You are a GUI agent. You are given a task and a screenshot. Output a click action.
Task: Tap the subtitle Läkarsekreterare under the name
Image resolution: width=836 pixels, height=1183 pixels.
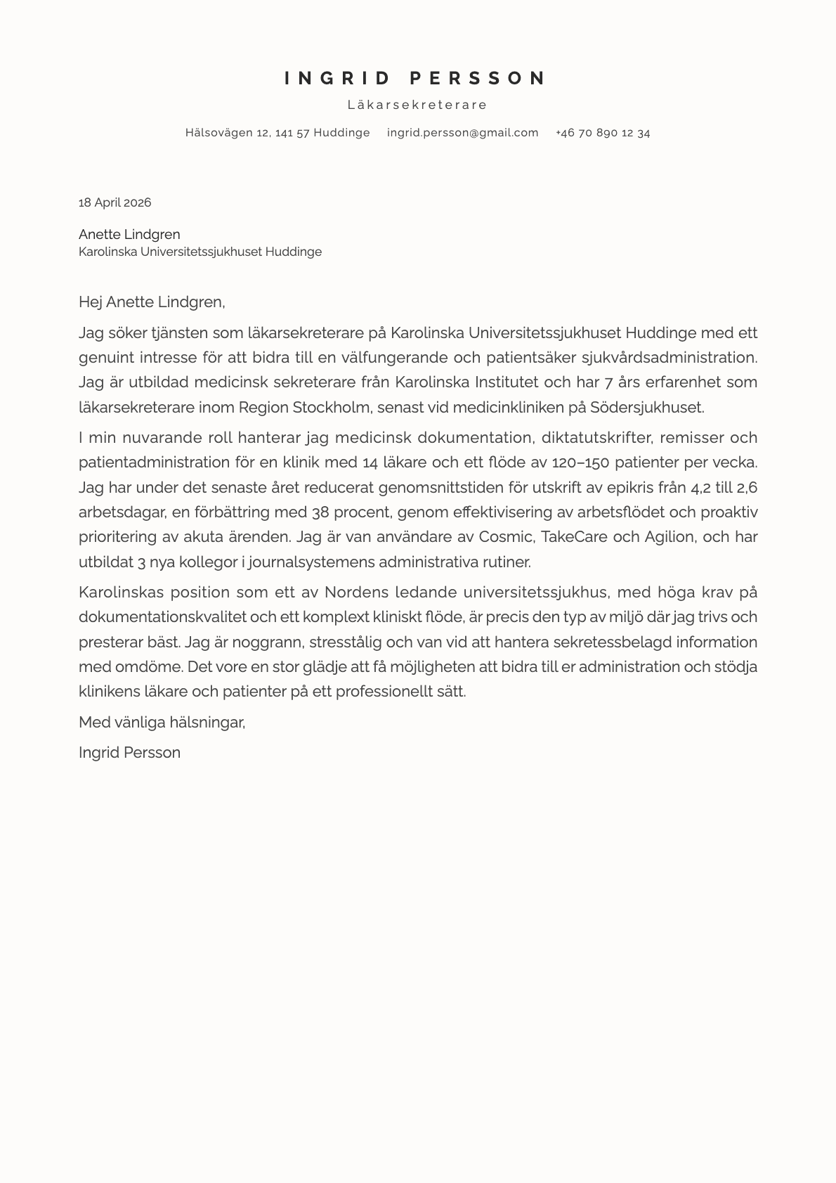pyautogui.click(x=417, y=105)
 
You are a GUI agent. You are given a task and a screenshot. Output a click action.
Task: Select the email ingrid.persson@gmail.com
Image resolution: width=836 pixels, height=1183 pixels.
pyautogui.click(x=462, y=133)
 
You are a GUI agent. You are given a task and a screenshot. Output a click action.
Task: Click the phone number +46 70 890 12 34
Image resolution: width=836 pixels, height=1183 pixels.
pyautogui.click(x=602, y=133)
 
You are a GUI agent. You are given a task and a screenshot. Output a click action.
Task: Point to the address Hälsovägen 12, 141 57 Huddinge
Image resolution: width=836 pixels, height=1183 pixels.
pyautogui.click(x=277, y=133)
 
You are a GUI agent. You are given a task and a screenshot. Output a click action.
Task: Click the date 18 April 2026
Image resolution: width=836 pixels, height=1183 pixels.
pyautogui.click(x=115, y=202)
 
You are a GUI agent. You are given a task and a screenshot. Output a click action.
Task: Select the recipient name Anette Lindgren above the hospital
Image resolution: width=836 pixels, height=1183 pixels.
pyautogui.click(x=129, y=234)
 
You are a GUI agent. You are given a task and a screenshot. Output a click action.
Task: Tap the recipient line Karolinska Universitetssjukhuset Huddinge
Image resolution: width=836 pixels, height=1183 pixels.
pyautogui.click(x=200, y=252)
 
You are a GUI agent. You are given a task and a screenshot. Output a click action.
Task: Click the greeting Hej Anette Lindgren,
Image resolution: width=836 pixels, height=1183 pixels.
pyautogui.click(x=152, y=302)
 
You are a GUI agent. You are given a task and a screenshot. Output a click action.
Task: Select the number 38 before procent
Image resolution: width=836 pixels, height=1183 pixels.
pyautogui.click(x=320, y=512)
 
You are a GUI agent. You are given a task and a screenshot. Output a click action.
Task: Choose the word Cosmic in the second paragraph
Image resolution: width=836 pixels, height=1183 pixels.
pyautogui.click(x=507, y=537)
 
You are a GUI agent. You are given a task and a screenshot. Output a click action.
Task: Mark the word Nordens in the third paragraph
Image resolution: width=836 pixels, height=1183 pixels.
pyautogui.click(x=353, y=592)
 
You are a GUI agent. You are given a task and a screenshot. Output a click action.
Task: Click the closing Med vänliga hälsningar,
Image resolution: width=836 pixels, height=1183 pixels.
pyautogui.click(x=162, y=722)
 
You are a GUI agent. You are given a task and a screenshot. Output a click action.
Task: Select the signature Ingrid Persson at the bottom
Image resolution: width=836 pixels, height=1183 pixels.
pyautogui.click(x=129, y=753)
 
